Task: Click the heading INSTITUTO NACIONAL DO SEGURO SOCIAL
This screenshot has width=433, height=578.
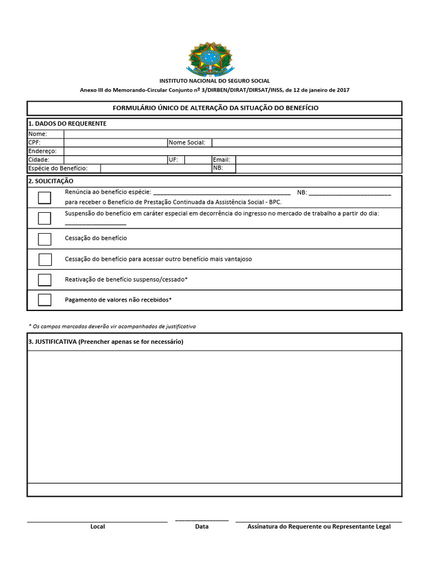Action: click(214, 81)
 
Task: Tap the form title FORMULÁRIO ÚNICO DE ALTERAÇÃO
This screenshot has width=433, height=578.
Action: click(214, 108)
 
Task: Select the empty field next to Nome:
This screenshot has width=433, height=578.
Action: click(232, 134)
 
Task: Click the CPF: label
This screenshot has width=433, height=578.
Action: click(34, 142)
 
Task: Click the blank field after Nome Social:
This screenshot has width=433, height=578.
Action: click(306, 142)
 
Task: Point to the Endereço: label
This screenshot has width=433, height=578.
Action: click(42, 151)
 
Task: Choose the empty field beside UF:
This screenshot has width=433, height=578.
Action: click(197, 160)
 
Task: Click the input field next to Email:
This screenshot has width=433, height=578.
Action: click(319, 160)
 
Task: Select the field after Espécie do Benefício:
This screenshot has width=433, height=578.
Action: click(156, 168)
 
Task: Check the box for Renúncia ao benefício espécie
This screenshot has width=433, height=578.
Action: click(45, 198)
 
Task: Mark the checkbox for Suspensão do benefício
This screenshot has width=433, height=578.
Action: click(45, 218)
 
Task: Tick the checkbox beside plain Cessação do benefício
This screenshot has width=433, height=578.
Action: click(45, 239)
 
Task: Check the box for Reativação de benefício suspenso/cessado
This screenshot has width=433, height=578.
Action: click(45, 280)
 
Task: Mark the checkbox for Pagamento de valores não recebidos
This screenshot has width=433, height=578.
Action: click(45, 300)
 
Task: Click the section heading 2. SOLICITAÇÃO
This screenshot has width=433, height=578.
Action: click(51, 181)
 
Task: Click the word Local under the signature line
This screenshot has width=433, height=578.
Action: click(98, 527)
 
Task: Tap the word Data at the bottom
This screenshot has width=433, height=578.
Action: click(201, 527)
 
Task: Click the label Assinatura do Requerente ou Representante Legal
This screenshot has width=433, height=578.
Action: click(319, 527)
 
